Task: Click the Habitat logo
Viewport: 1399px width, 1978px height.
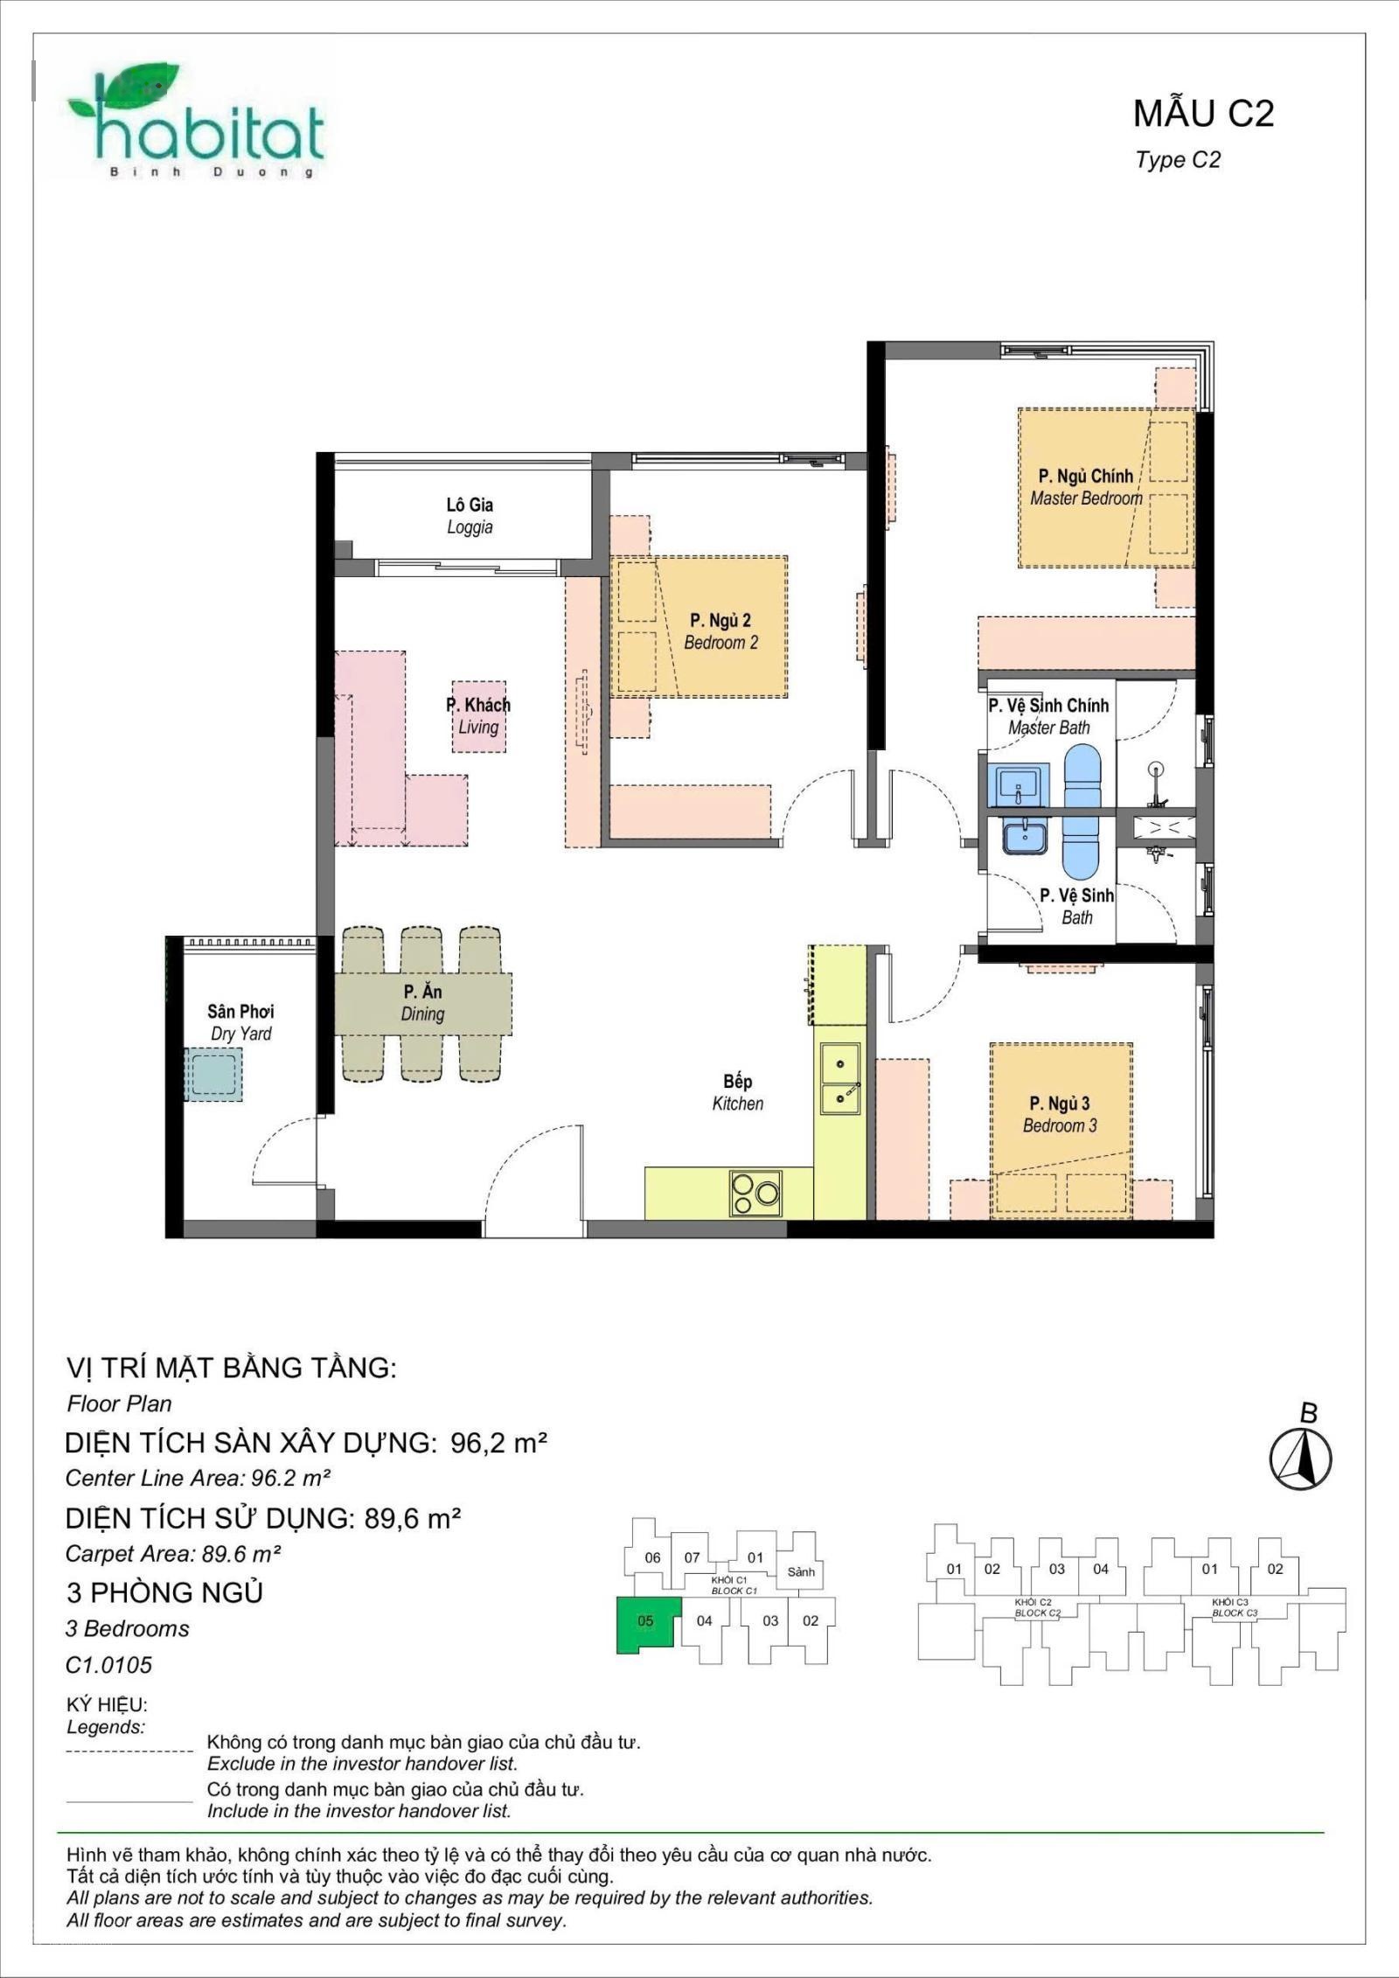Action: tap(196, 122)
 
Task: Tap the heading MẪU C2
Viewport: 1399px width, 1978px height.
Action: tap(1203, 114)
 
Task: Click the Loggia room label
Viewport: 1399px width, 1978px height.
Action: tap(470, 516)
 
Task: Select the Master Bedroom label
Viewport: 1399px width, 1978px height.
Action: tap(1086, 487)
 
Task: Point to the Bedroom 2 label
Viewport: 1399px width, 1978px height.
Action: tap(720, 631)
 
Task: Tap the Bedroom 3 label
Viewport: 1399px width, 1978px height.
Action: tap(1060, 1114)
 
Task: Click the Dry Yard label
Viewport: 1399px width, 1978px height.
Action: tap(240, 1022)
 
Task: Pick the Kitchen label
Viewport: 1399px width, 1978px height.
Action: tap(737, 1092)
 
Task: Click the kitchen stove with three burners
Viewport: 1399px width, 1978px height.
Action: tap(756, 1193)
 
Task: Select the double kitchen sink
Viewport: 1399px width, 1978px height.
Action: tap(839, 1079)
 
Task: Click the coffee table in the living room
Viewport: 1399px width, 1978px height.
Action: tap(478, 717)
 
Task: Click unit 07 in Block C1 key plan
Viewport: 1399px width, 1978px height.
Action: tap(692, 1557)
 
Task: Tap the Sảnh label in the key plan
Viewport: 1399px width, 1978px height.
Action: tap(801, 1571)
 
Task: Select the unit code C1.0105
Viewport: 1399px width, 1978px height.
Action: tap(108, 1665)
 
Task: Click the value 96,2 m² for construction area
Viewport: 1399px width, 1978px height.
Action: tap(498, 1443)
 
